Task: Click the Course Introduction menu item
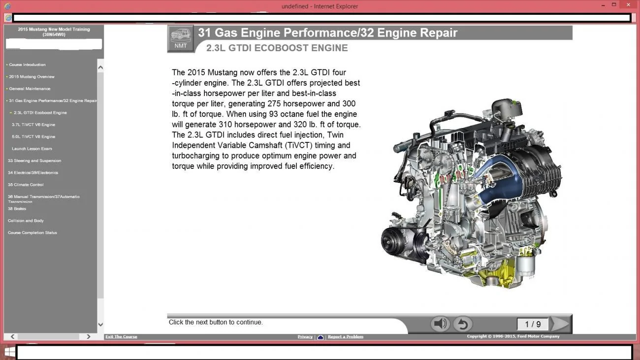(x=27, y=65)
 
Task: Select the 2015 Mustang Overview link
(x=32, y=76)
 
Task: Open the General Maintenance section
(x=30, y=89)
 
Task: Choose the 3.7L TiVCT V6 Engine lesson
(x=33, y=125)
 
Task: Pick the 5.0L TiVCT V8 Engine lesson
(x=33, y=136)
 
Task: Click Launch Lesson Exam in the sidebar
(x=32, y=149)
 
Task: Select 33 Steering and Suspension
(x=34, y=161)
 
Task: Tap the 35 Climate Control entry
(x=26, y=185)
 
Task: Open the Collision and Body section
(x=26, y=221)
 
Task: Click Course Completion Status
(x=32, y=232)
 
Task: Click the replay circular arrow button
(x=463, y=324)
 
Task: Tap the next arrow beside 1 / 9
(x=560, y=324)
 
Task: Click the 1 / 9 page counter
(x=533, y=324)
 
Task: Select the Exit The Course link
(x=121, y=336)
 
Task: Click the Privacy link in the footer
(x=305, y=336)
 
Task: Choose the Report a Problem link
(x=346, y=336)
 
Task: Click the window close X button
(x=628, y=4)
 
